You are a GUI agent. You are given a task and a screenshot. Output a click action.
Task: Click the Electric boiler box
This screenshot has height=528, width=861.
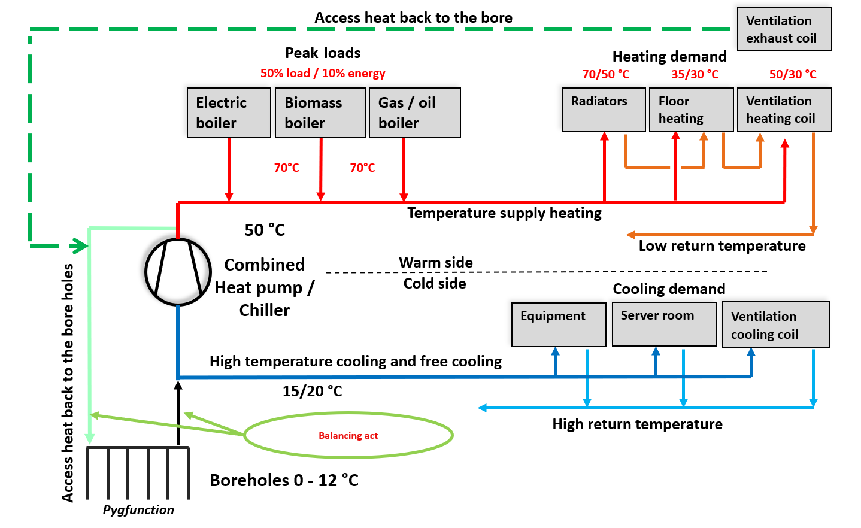click(229, 113)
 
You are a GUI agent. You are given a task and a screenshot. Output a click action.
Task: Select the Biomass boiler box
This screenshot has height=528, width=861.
click(320, 113)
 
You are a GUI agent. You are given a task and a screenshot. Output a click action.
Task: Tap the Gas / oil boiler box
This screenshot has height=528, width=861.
click(415, 113)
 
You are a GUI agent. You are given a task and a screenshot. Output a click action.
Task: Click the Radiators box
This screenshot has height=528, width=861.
click(604, 110)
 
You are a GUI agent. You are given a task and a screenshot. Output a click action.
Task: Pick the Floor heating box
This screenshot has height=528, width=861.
click(692, 110)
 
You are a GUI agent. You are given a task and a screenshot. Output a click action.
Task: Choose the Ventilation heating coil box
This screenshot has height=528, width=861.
click(784, 110)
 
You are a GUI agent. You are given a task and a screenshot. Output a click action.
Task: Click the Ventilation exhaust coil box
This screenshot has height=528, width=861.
click(784, 29)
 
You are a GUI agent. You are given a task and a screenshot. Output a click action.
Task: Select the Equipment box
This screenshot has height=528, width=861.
click(559, 324)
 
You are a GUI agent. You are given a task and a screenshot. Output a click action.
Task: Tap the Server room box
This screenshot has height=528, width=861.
click(664, 324)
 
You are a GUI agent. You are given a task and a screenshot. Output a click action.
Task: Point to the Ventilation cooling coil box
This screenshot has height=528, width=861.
click(776, 324)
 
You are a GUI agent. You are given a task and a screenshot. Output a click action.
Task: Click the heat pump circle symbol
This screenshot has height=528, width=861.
click(178, 272)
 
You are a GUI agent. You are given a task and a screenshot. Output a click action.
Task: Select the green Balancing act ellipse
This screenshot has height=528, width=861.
click(348, 435)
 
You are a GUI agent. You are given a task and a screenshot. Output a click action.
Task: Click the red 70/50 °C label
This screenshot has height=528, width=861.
click(606, 74)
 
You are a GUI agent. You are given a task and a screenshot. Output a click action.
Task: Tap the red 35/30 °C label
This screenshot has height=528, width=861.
click(695, 74)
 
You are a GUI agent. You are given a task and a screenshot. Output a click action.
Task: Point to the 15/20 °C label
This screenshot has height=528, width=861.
click(312, 391)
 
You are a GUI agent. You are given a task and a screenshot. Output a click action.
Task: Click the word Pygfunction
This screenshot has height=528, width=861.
click(138, 510)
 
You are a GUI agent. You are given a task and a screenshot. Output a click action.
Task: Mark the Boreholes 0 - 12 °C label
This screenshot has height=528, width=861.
click(284, 480)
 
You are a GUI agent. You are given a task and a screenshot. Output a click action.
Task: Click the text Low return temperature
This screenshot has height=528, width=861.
click(722, 246)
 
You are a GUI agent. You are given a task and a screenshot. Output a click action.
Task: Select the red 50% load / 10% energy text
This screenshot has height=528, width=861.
click(323, 73)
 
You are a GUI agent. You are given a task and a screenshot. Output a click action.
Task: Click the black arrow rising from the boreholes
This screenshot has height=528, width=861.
click(178, 413)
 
